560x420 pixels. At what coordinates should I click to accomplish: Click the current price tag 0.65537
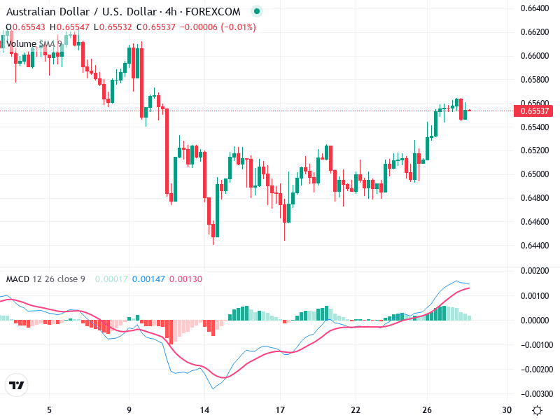tap(535, 111)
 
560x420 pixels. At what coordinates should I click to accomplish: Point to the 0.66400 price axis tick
tap(535, 8)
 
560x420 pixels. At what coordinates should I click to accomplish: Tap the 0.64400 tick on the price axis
tap(535, 245)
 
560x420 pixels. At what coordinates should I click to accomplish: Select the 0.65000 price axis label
tap(535, 174)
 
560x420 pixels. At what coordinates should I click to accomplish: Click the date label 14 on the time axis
tap(205, 410)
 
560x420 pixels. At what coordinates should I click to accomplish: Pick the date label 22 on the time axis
tap(356, 410)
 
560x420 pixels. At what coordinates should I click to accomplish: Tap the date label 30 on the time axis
tap(507, 410)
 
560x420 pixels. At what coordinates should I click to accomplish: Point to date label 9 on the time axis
tap(129, 410)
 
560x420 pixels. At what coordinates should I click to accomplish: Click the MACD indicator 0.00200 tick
tap(535, 270)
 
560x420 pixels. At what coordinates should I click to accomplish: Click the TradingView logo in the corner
tap(16, 386)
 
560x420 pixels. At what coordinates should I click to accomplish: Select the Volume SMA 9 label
tap(34, 43)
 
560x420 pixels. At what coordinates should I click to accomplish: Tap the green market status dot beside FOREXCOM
tap(256, 12)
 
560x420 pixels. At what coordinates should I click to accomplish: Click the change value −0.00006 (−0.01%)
tap(218, 27)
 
